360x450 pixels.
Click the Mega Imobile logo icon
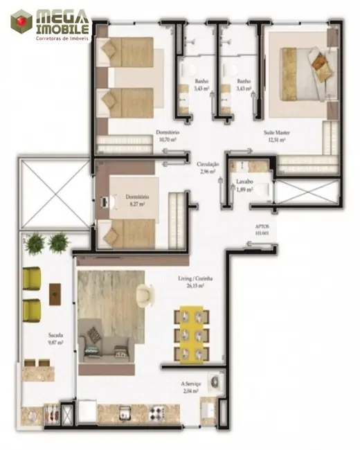point(21,21)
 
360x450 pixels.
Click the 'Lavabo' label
point(244,182)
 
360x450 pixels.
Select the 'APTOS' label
point(262,226)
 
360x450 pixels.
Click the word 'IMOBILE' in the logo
point(62,29)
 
